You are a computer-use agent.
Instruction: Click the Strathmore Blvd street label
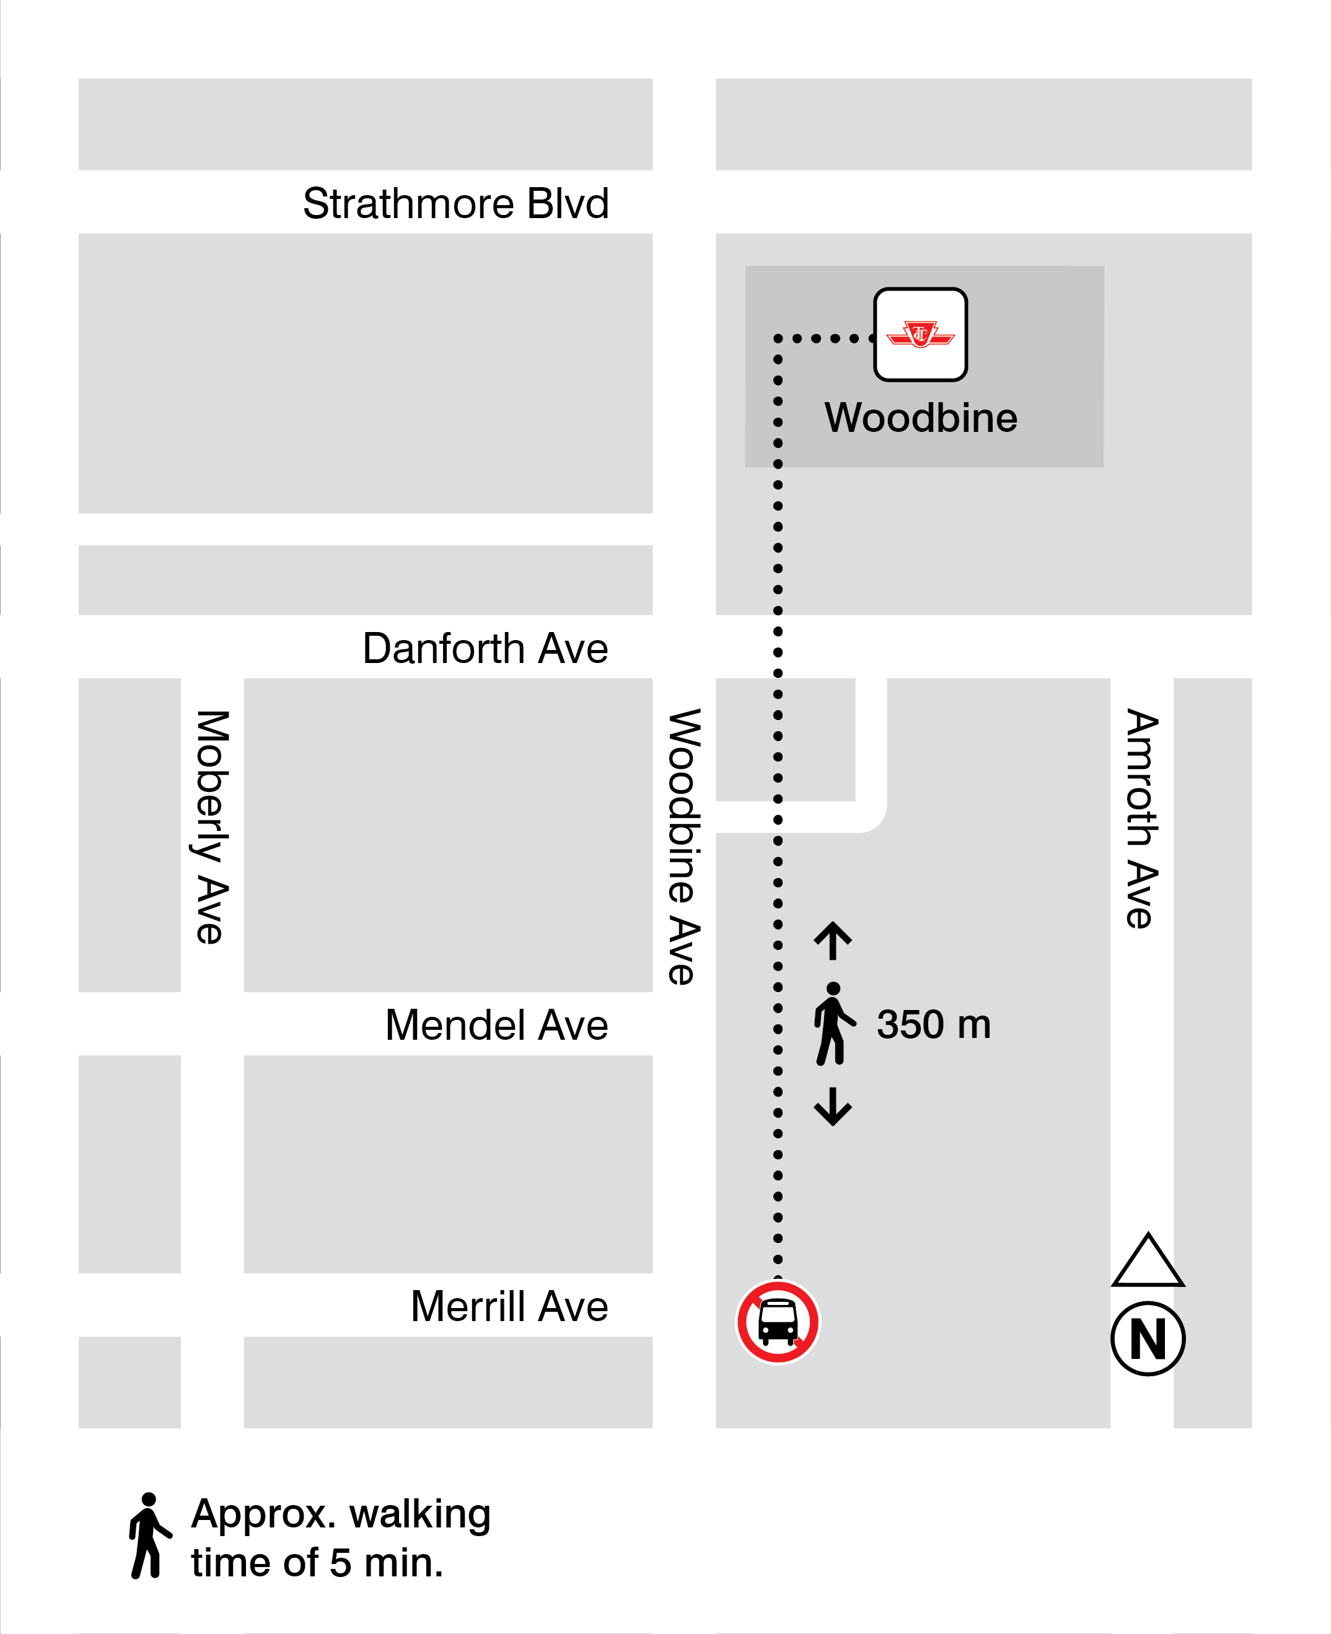[455, 204]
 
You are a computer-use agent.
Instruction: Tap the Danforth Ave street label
[485, 649]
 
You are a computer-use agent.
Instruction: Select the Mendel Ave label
[496, 1025]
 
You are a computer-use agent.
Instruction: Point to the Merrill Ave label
[509, 1307]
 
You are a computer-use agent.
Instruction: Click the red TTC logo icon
[920, 335]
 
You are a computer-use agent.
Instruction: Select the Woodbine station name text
[921, 418]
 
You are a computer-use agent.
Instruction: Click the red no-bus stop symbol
[778, 1322]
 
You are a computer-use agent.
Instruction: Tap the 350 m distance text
[934, 1024]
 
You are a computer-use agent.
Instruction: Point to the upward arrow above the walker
[833, 941]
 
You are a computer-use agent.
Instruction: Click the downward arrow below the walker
[833, 1107]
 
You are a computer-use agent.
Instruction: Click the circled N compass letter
[1148, 1339]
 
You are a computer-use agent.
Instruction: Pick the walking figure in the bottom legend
[149, 1535]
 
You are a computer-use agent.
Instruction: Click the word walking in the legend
[420, 1514]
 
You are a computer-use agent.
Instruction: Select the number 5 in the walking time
[340, 1563]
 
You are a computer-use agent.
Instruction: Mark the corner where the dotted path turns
[778, 338]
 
